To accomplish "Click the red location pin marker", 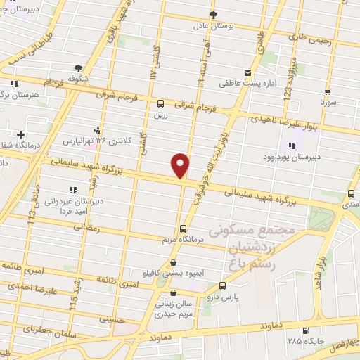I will click(x=181, y=165).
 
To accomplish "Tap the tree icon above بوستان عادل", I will click(x=214, y=14).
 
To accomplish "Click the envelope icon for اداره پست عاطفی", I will click(x=246, y=73).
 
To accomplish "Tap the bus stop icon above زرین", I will click(x=162, y=101).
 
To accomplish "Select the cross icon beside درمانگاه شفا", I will click(x=21, y=134).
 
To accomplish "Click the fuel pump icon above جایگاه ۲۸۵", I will click(x=304, y=330).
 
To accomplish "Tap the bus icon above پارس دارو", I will click(x=223, y=285).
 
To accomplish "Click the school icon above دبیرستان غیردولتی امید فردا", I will click(x=72, y=189).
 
